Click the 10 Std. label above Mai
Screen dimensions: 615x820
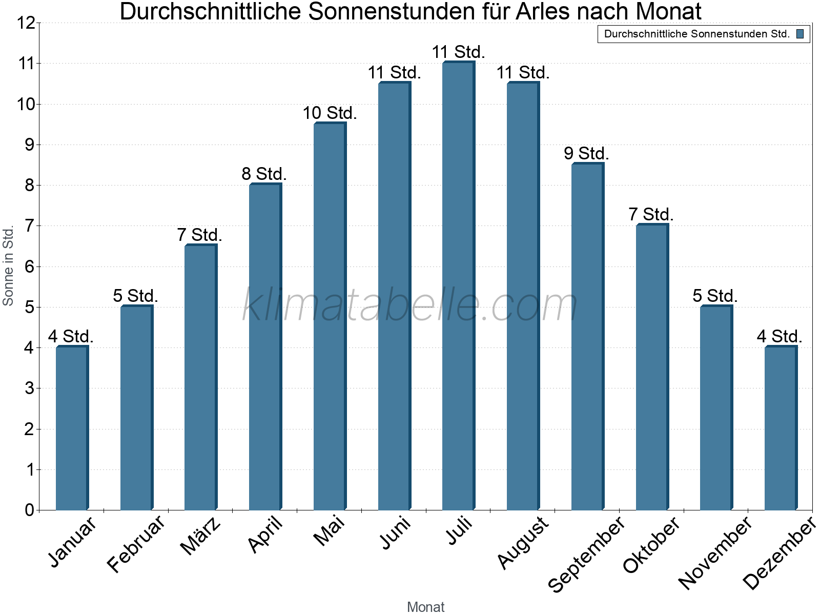pyautogui.click(x=329, y=113)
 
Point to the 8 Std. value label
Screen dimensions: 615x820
pyautogui.click(x=264, y=174)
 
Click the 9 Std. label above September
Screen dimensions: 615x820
pyautogui.click(x=586, y=154)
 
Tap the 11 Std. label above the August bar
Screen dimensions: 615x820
pyautogui.click(x=523, y=73)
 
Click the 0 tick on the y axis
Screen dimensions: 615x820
pyautogui.click(x=29, y=510)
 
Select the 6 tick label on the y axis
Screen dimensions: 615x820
pyautogui.click(x=29, y=266)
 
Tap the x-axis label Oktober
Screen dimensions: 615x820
pyautogui.click(x=651, y=544)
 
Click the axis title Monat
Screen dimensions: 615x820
pyautogui.click(x=425, y=607)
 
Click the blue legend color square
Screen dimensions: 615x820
pyautogui.click(x=800, y=34)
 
